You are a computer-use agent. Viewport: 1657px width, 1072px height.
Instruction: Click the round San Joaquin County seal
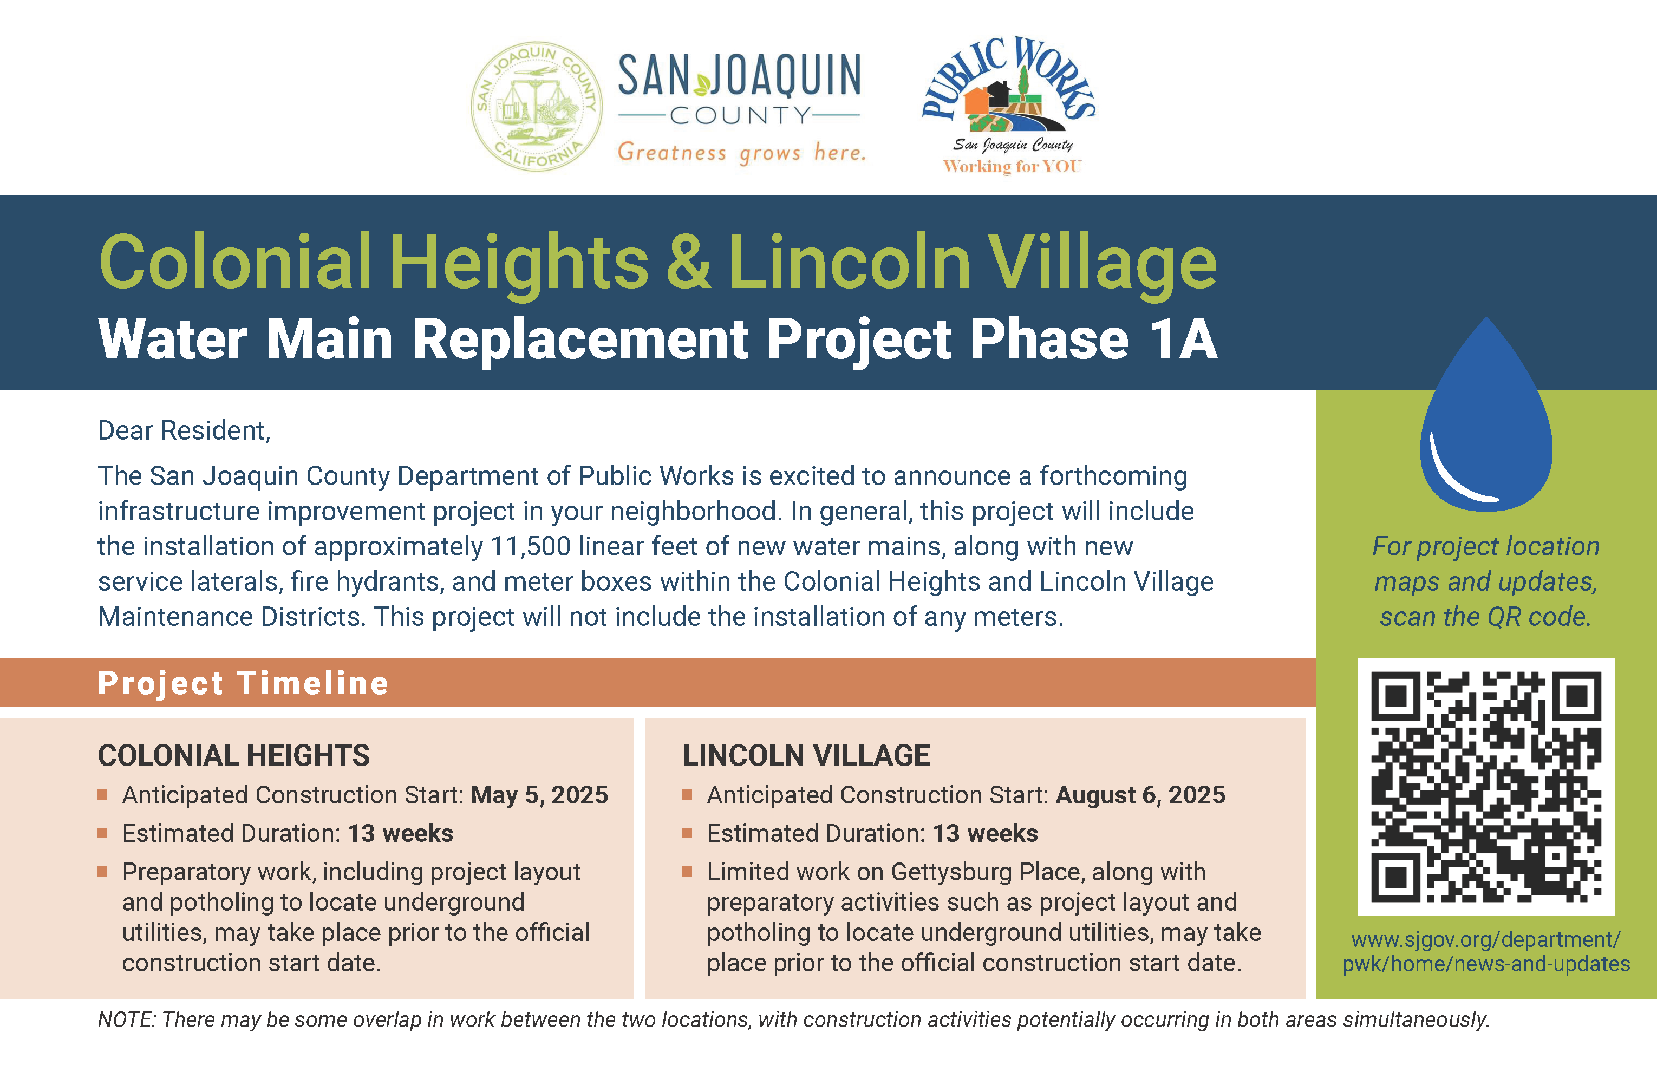(x=536, y=107)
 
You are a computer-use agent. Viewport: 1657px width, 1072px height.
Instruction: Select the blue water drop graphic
(x=1486, y=424)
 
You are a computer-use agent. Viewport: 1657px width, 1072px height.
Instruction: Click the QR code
(x=1486, y=786)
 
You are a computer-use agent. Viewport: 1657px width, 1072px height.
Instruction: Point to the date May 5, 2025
(x=539, y=795)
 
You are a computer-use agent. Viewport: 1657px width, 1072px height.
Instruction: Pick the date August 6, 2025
(x=1140, y=795)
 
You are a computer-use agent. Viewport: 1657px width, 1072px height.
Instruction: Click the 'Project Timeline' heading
(x=243, y=683)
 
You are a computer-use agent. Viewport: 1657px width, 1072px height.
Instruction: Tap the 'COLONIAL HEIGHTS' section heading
(x=233, y=756)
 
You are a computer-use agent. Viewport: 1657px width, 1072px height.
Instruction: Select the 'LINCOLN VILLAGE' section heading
(x=806, y=756)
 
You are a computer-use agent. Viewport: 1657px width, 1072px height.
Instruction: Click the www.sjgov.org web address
(x=1486, y=952)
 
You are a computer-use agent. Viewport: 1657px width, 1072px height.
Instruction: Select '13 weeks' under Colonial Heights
(x=400, y=834)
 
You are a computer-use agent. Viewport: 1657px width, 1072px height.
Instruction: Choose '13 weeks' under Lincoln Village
(x=984, y=834)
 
